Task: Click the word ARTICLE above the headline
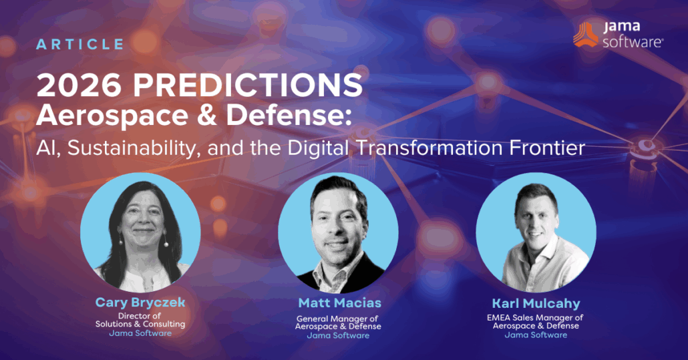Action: pyautogui.click(x=80, y=45)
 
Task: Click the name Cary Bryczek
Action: pyautogui.click(x=140, y=303)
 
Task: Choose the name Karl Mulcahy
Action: pyautogui.click(x=536, y=304)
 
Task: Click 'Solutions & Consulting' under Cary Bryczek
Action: pyautogui.click(x=140, y=324)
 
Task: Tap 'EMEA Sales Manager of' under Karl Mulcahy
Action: pyautogui.click(x=536, y=318)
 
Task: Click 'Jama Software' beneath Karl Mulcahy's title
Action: pyautogui.click(x=536, y=335)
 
